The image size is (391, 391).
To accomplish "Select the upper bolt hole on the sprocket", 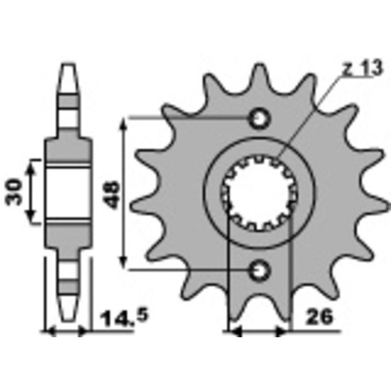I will pos(259,118).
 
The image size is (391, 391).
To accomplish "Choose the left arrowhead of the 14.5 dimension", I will pos(49,332).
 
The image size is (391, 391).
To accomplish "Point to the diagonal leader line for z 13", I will pos(313,112).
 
